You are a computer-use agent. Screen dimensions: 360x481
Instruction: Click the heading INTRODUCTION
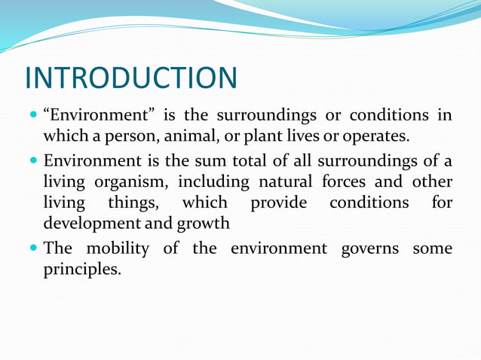130,78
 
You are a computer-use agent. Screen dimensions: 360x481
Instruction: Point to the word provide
278,204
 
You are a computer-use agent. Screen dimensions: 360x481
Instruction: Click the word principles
81,269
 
